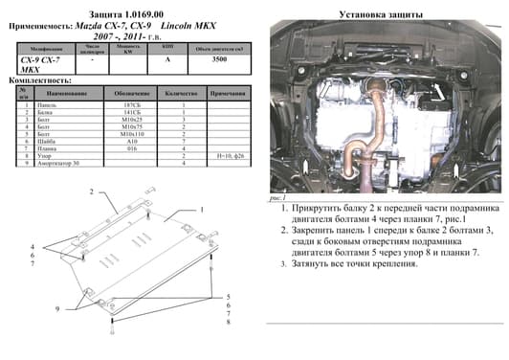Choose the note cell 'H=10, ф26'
[232, 154]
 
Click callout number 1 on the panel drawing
[203, 210]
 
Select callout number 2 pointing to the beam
[92, 191]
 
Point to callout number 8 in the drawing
[229, 321]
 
